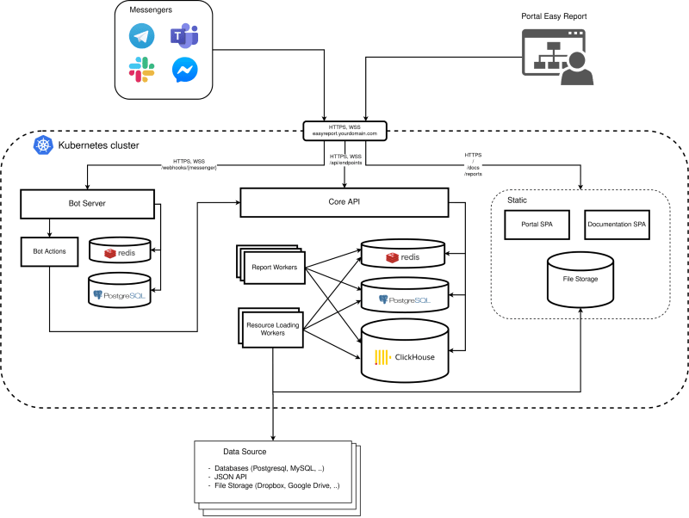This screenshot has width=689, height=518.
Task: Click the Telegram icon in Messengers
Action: coord(141,35)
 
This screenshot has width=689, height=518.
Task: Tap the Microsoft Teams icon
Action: coord(183,35)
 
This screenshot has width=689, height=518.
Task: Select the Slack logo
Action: coord(141,70)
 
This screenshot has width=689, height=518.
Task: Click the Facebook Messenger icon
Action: coord(183,70)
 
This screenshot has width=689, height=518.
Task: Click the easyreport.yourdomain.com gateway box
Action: coord(345,131)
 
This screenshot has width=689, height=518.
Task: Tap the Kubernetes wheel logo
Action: coord(42,145)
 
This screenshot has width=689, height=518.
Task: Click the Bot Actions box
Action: coord(49,250)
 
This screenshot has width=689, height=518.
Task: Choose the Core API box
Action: coord(344,203)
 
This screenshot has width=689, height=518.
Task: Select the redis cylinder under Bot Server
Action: coord(124,251)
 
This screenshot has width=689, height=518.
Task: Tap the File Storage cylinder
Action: coord(580,280)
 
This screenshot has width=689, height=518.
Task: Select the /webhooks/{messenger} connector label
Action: coord(195,167)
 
